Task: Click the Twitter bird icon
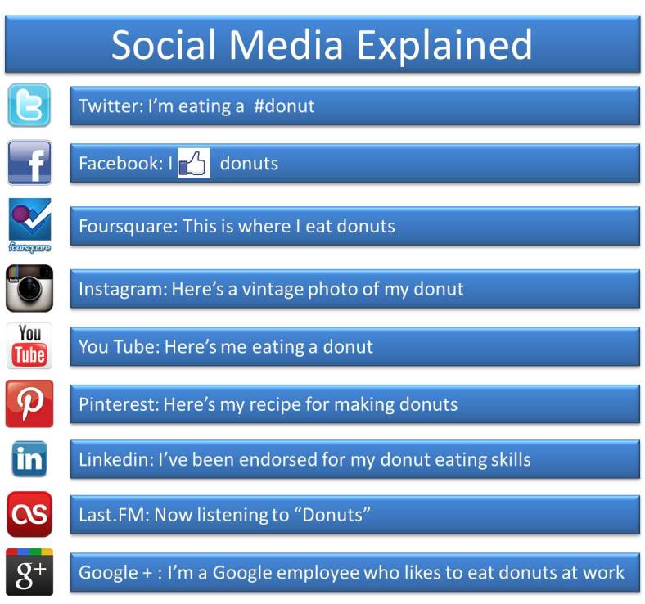(29, 105)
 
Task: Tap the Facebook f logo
(29, 162)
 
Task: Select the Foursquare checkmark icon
(29, 221)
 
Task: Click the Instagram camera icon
(29, 287)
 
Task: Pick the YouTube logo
(29, 345)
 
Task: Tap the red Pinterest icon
(29, 403)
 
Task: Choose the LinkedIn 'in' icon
(29, 458)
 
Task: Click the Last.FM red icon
(29, 514)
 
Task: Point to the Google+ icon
(29, 572)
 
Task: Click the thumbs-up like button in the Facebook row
(194, 163)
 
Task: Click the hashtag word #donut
(284, 106)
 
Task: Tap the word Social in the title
(164, 44)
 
